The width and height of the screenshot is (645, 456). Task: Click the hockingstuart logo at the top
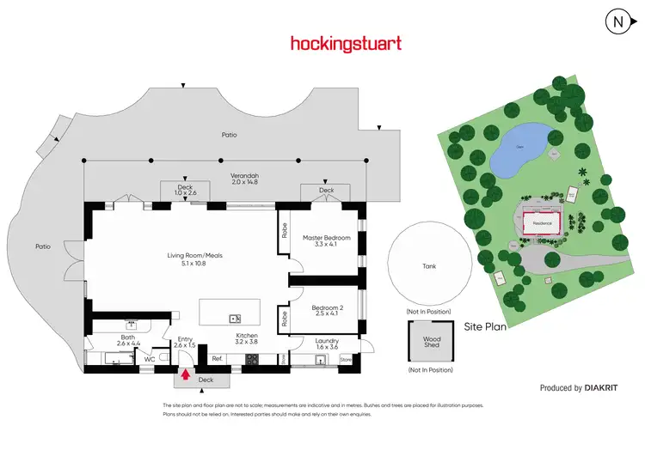(345, 43)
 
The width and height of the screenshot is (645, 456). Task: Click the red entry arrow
(185, 373)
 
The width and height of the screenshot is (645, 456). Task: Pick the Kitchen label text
(247, 337)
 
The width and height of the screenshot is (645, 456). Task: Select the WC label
(150, 359)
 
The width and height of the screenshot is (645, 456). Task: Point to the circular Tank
(428, 266)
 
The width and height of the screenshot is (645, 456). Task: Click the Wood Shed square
(430, 343)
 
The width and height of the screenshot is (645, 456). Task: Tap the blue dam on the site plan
(519, 147)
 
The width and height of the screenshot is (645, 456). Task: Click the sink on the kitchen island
(233, 318)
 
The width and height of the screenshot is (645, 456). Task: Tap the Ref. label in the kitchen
(217, 358)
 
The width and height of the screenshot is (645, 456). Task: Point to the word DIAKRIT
(601, 388)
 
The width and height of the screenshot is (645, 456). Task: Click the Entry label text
(185, 340)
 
